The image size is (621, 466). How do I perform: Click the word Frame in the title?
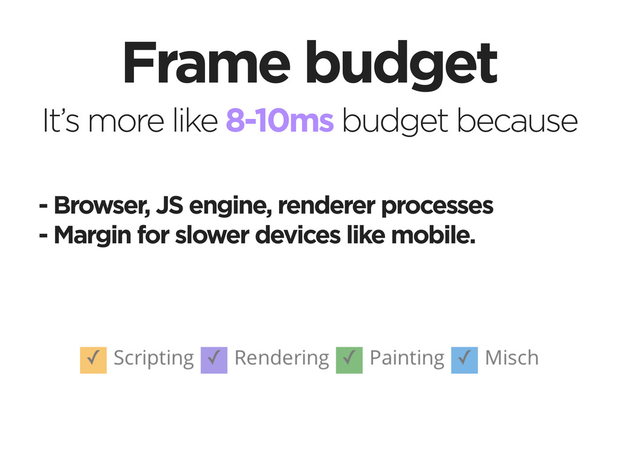(207, 62)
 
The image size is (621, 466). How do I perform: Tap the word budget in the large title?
(401, 66)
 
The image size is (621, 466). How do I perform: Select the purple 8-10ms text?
(280, 121)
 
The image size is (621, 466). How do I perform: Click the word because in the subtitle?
(517, 121)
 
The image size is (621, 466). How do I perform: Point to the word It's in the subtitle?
(61, 121)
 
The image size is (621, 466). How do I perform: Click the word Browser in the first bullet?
(102, 205)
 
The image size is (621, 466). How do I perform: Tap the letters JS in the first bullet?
(170, 205)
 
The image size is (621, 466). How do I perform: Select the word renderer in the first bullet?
(327, 205)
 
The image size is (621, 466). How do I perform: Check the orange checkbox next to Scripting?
(93, 360)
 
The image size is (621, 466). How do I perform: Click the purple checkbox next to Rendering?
(214, 360)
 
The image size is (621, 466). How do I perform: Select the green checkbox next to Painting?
(349, 360)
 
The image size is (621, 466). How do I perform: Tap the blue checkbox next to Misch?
(464, 360)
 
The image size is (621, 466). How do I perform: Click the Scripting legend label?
(153, 359)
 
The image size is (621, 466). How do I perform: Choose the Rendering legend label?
(281, 359)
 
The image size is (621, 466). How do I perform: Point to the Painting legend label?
(407, 359)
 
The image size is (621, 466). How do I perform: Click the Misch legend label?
(512, 357)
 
